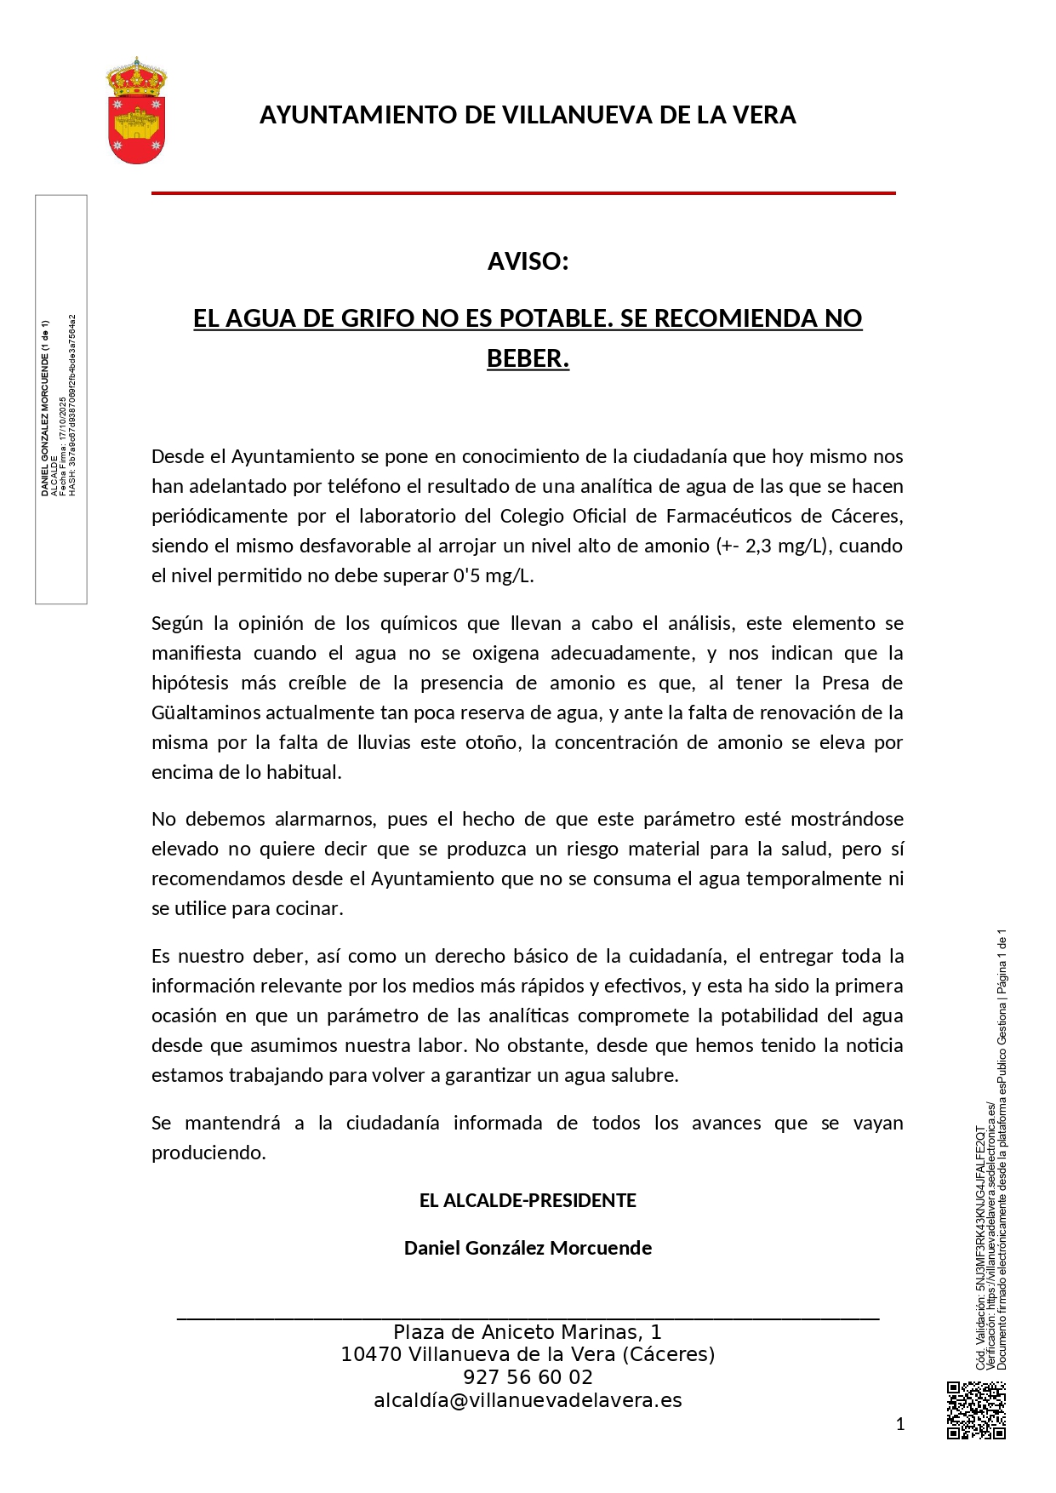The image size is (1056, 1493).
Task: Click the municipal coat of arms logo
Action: click(136, 111)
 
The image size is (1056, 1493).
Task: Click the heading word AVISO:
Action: click(528, 261)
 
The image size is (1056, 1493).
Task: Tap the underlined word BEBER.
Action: click(528, 358)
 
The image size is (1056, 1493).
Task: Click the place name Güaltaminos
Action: click(207, 712)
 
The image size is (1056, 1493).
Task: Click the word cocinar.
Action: click(311, 908)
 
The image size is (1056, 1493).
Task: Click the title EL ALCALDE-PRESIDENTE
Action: click(528, 1200)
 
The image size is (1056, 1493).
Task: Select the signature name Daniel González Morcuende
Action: click(528, 1248)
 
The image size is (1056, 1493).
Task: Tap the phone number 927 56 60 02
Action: click(528, 1377)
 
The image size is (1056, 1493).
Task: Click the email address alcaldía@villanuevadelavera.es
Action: click(528, 1400)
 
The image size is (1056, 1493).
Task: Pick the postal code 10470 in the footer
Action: click(371, 1354)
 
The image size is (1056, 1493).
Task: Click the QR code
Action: click(976, 1410)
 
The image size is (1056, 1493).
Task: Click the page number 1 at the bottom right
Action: click(900, 1424)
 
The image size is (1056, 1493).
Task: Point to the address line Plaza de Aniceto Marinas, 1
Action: click(528, 1332)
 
